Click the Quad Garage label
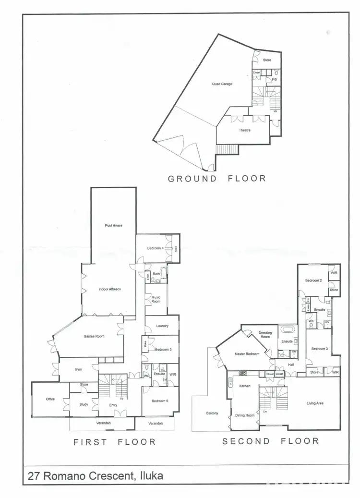point(222,84)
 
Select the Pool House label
point(114,225)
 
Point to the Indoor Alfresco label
point(109,290)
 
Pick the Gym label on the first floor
point(78,369)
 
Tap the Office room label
point(50,399)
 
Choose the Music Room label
point(156,299)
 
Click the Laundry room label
point(162,326)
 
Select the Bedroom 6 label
point(160,401)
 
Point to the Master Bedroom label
point(247,354)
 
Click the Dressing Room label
point(265,334)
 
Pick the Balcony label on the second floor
point(212,413)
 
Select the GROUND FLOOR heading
point(216,179)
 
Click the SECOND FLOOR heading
point(270,441)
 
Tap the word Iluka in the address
point(150,476)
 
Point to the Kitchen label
point(245,386)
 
